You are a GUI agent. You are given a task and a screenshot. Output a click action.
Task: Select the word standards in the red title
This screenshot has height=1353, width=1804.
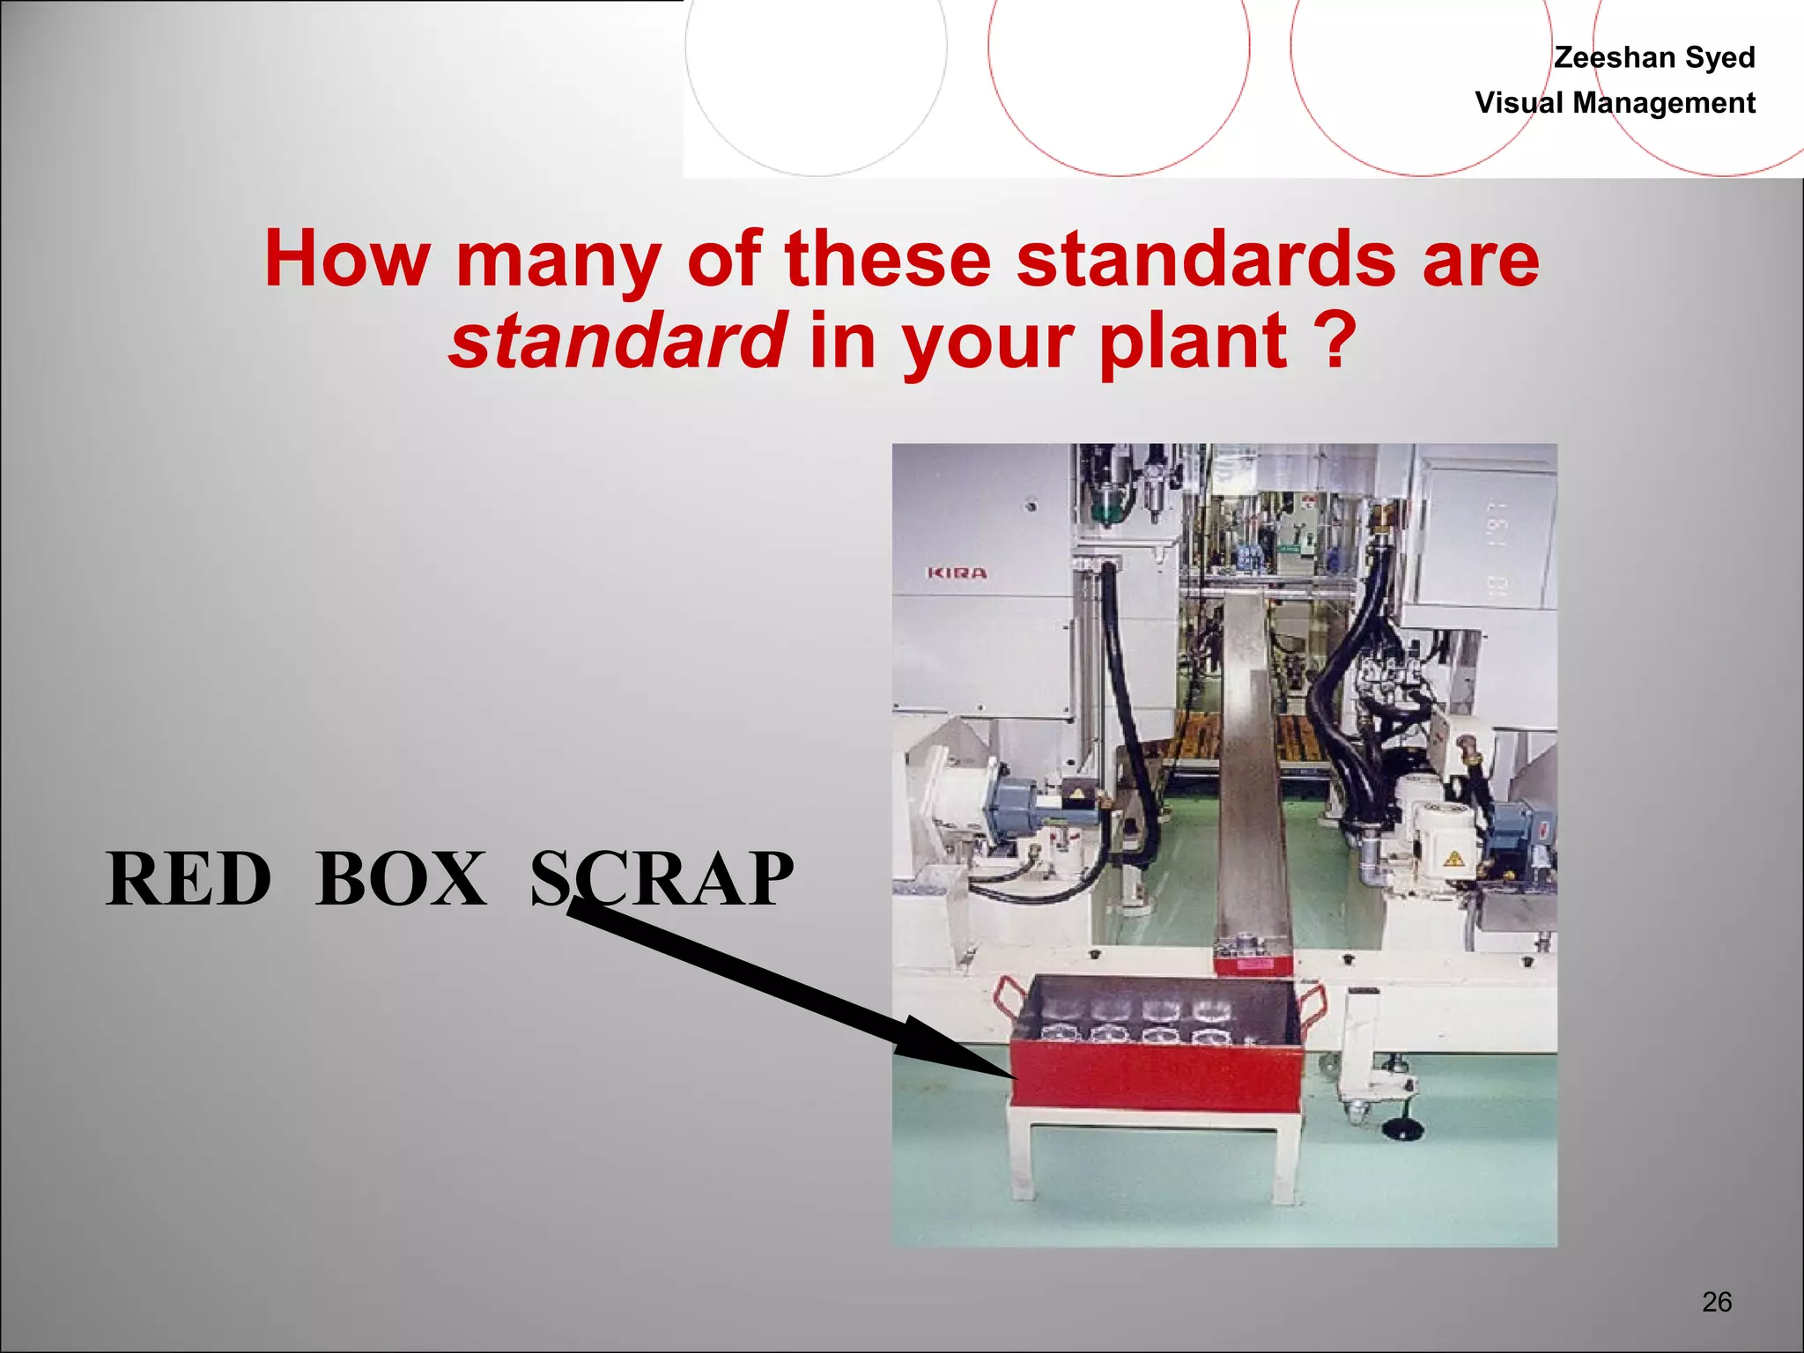[1205, 259]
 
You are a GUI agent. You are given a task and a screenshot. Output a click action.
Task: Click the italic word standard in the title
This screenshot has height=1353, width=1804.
[617, 342]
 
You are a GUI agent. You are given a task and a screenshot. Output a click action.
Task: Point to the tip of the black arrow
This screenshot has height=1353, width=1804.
[1013, 1076]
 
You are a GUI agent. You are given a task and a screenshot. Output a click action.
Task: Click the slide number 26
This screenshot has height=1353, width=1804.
[1717, 1301]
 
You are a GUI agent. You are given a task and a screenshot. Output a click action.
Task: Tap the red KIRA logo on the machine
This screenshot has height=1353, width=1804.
[957, 573]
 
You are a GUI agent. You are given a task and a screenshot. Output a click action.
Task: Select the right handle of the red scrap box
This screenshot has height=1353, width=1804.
[1312, 1004]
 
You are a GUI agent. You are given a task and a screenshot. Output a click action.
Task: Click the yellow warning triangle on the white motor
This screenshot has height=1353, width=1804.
[1453, 857]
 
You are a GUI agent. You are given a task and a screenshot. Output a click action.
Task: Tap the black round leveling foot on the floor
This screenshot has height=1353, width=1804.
[1399, 1127]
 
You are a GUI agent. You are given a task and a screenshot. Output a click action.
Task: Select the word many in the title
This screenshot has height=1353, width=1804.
[558, 259]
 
